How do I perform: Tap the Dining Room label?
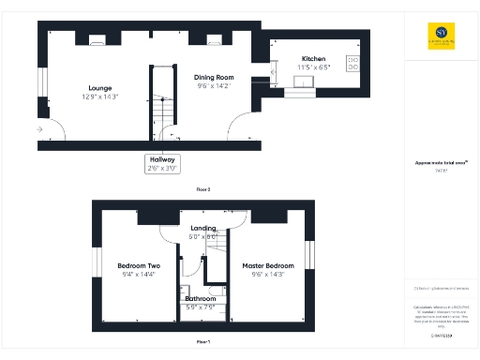point(214,78)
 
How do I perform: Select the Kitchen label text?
point(313,59)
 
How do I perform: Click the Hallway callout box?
point(162,164)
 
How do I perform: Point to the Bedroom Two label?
point(139,265)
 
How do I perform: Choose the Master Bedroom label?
point(268,265)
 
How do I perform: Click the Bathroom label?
point(200,299)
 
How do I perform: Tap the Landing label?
point(203,228)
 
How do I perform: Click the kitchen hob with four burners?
point(354,63)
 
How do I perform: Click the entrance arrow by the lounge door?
point(39,128)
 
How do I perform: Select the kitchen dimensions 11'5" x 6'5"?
point(313,67)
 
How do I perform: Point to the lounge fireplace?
point(97,40)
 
